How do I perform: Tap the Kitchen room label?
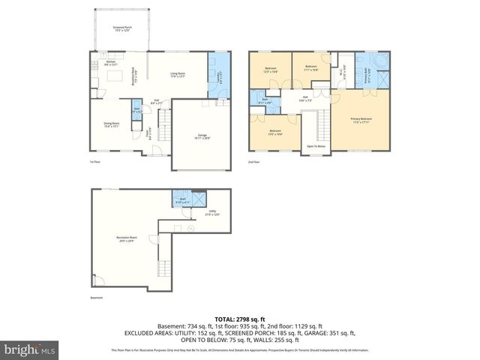111,64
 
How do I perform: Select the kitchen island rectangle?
116,76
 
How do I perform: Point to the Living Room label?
177,75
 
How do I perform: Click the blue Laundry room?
219,75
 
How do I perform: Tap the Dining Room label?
111,125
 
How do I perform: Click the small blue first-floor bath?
136,112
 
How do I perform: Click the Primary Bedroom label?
361,120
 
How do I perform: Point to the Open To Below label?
315,146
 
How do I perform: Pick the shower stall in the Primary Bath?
383,79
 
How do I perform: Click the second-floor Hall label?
306,98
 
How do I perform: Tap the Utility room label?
212,213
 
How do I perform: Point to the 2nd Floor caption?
255,161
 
